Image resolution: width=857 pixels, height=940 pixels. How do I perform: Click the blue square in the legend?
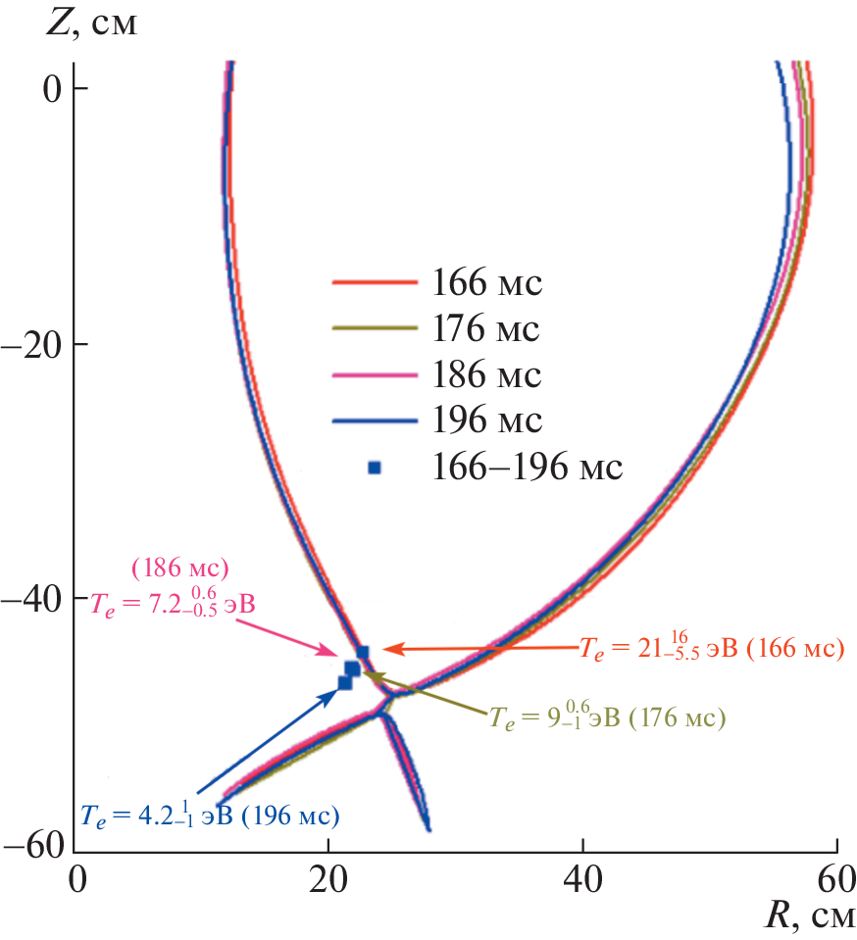(x=374, y=468)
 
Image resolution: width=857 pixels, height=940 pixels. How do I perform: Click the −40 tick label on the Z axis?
(x=38, y=597)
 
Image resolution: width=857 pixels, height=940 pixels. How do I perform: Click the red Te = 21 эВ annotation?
(x=711, y=649)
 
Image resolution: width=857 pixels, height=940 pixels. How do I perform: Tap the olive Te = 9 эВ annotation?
(x=607, y=718)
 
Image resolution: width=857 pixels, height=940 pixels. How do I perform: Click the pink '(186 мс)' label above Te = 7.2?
(x=179, y=568)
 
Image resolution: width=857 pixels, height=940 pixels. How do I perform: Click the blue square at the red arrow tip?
(x=363, y=652)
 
